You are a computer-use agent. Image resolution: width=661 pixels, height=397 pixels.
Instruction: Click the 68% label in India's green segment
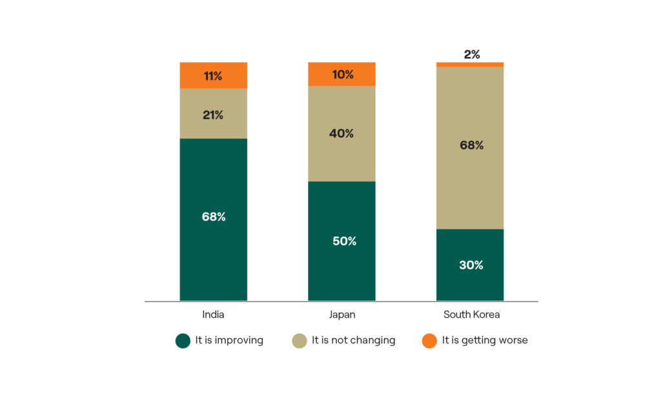[213, 217]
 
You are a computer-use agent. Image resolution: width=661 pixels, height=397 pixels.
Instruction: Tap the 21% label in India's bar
[213, 115]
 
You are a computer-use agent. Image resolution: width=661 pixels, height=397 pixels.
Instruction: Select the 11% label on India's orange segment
[213, 76]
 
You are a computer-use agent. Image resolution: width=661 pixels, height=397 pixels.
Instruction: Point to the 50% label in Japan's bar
[342, 241]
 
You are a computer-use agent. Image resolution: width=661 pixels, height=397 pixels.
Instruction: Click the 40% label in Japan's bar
[342, 133]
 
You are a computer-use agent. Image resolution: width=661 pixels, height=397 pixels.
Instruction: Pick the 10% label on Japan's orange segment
[342, 75]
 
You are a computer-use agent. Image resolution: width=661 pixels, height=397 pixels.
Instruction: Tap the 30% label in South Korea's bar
[471, 265]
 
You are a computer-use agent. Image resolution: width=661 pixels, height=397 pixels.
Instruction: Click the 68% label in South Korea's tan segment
[471, 146]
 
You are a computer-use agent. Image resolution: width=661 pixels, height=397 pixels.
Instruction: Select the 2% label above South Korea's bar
[471, 55]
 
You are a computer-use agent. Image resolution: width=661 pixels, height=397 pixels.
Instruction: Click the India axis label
[213, 315]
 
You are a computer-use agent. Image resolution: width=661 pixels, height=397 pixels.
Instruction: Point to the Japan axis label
[341, 315]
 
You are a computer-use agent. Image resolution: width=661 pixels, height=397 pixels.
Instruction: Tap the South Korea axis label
[471, 315]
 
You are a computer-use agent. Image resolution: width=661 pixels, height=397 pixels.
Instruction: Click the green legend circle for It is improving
[183, 340]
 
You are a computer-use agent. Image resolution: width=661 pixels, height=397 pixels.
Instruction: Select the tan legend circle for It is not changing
[300, 340]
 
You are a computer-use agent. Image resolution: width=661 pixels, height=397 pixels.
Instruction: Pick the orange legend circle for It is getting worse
[429, 340]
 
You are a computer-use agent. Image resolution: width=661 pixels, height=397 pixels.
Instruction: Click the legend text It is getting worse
[485, 340]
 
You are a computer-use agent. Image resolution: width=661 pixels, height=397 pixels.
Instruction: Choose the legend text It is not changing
[353, 340]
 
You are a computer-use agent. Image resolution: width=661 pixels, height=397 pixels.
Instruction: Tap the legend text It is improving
[229, 340]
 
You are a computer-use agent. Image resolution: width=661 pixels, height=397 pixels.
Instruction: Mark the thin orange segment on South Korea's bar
[470, 64]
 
